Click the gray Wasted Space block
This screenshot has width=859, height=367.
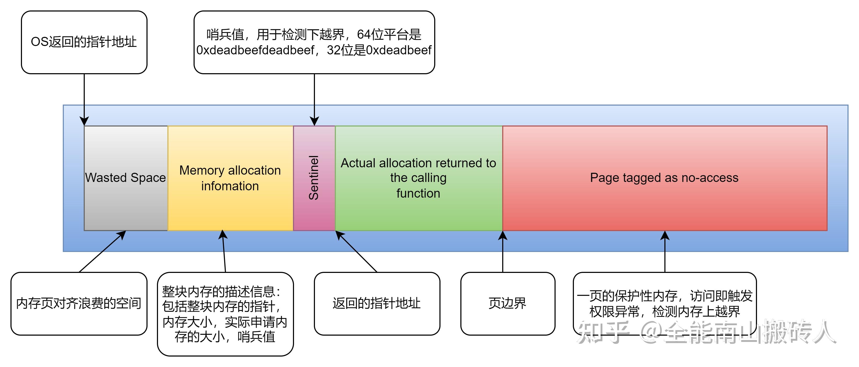[126, 178]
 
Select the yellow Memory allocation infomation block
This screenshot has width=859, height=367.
[230, 178]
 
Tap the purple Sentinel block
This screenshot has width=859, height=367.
[314, 178]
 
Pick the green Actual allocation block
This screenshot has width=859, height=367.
[419, 178]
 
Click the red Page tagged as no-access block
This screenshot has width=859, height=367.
[665, 178]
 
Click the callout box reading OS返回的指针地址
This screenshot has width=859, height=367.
[84, 42]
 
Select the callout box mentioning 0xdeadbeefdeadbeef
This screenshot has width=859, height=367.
[314, 42]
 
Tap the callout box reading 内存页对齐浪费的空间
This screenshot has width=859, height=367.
[79, 304]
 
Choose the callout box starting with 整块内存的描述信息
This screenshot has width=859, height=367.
[225, 314]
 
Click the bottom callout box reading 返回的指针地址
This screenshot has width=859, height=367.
[377, 304]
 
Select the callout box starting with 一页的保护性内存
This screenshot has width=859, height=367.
[665, 304]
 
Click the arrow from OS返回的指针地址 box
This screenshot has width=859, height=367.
[84, 100]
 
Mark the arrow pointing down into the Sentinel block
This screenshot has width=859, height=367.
[314, 100]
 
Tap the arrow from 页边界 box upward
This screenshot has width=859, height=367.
[503, 251]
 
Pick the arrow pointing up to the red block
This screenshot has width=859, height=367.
[665, 251]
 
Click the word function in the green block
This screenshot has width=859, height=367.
[418, 193]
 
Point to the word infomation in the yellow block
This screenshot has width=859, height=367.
[230, 186]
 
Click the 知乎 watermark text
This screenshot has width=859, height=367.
[603, 332]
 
